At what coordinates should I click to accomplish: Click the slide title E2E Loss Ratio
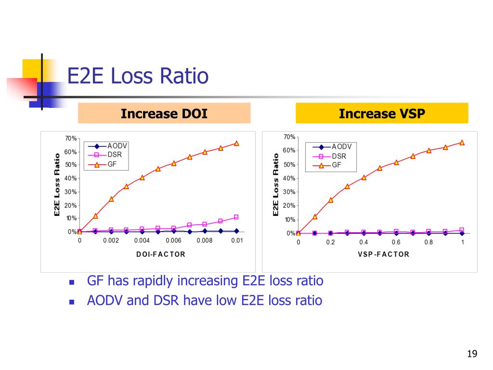tap(138, 77)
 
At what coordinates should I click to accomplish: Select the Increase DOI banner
tap(164, 114)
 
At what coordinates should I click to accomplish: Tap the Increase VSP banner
tap(382, 114)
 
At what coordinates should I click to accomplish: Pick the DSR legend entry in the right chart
tap(338, 156)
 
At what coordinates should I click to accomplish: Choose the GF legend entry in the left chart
tap(112, 164)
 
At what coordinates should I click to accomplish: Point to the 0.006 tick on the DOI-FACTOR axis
tap(174, 240)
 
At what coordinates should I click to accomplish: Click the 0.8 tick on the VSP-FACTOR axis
tap(428, 242)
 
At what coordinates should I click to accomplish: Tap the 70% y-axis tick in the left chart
tap(71, 139)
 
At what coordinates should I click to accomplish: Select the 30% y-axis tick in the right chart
tap(289, 192)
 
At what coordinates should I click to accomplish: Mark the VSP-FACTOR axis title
tap(384, 254)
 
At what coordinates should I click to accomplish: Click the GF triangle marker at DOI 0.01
tap(236, 143)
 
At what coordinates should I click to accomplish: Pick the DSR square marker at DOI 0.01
tap(236, 217)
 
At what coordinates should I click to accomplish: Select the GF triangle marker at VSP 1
tap(462, 143)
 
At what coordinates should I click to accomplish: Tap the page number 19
tap(472, 355)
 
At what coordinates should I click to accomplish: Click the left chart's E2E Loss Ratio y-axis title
tap(57, 185)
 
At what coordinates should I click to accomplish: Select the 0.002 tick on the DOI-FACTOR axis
tap(111, 240)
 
